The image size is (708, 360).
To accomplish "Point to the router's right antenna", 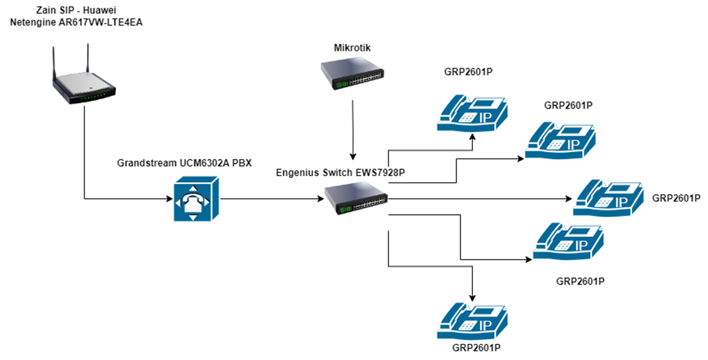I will click(88, 58).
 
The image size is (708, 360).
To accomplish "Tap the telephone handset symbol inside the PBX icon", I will click(196, 200).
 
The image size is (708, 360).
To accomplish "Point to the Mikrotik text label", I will click(353, 48).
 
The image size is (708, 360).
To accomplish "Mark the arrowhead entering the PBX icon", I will click(168, 199).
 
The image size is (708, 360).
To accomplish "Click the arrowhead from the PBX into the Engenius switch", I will click(322, 199).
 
